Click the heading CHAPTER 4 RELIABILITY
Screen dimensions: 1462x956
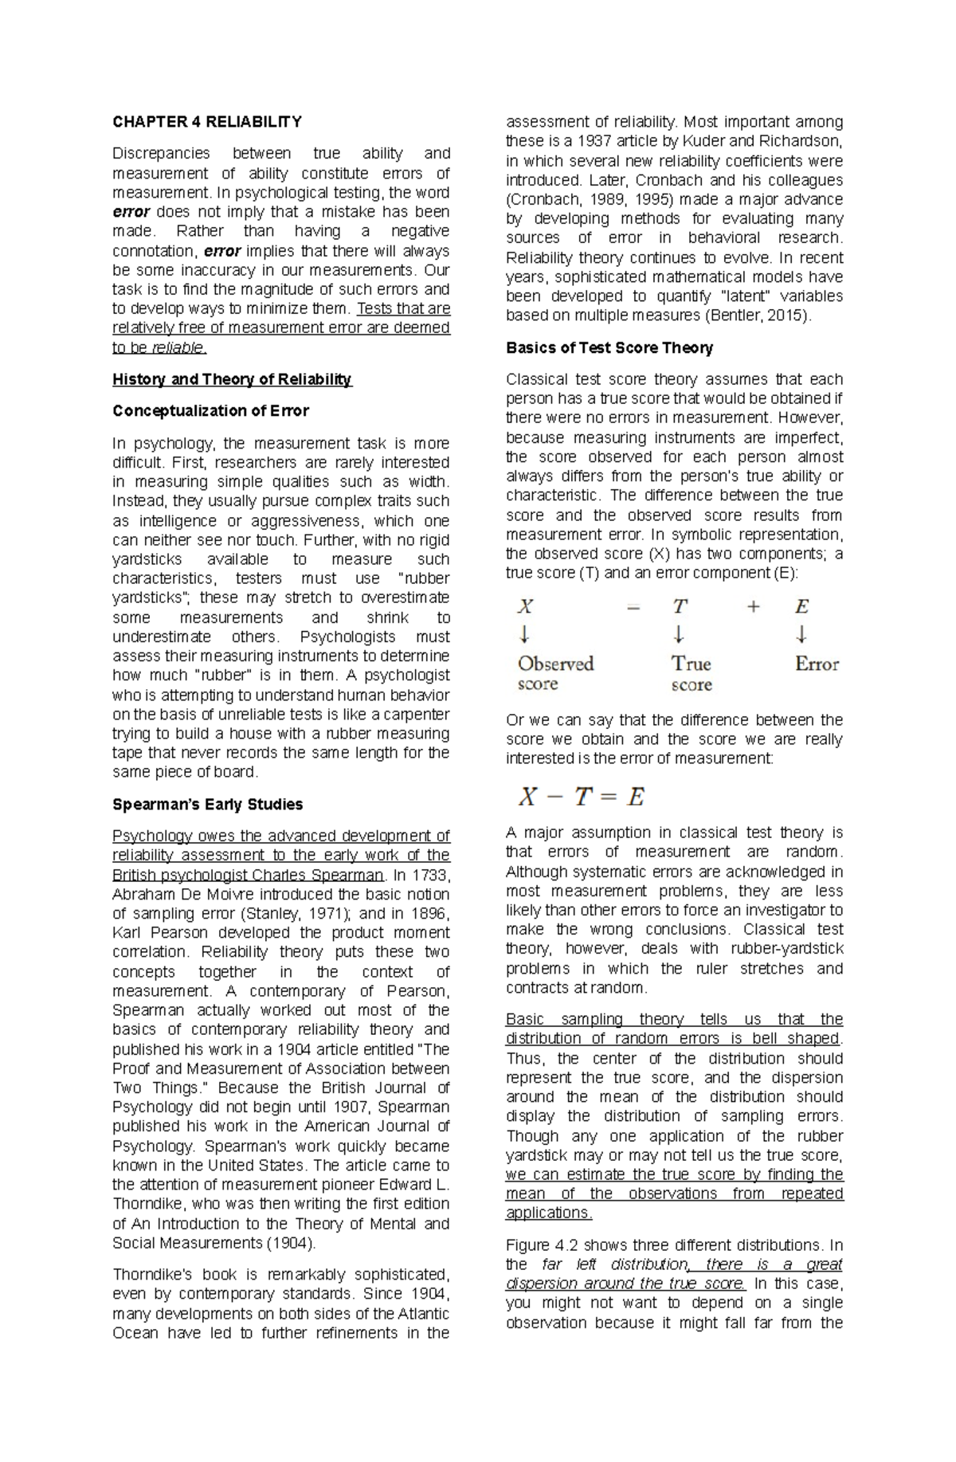(x=206, y=122)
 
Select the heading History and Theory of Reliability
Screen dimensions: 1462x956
(x=232, y=379)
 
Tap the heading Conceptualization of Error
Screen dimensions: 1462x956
(x=210, y=411)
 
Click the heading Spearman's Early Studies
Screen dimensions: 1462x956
(x=207, y=804)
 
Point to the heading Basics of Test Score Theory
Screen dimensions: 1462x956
(x=609, y=347)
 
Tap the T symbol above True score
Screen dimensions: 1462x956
(x=679, y=607)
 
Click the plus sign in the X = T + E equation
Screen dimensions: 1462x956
(x=753, y=607)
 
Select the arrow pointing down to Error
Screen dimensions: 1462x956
(x=801, y=635)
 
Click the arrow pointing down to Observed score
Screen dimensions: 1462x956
(x=524, y=635)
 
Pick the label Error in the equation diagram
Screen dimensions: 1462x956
(x=817, y=664)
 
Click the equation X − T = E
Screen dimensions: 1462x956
(x=581, y=796)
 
